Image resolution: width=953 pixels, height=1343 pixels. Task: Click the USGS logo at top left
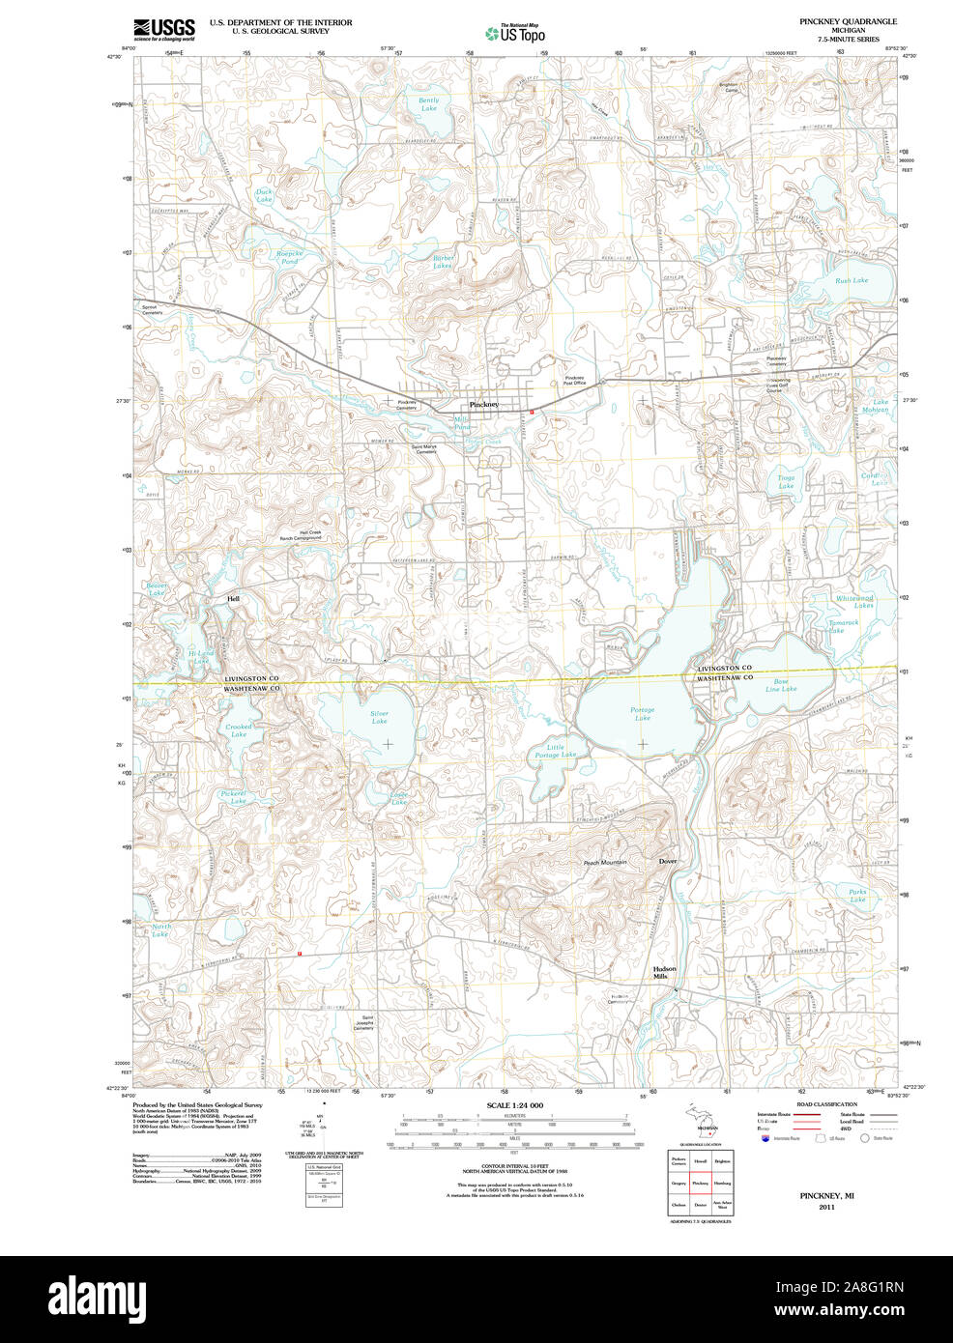pos(164,28)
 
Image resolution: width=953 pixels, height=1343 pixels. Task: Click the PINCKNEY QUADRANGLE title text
pos(847,21)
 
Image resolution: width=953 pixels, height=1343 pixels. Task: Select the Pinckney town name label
pos(483,404)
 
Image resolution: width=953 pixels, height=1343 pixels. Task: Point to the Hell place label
pos(233,599)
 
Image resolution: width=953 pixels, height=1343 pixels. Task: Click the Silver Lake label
pos(379,717)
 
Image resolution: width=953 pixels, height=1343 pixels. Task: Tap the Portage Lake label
pos(642,714)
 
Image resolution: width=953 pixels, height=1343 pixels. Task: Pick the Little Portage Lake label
pos(555,751)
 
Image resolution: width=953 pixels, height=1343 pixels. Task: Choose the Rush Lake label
pos(852,280)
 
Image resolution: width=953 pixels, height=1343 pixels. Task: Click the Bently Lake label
pos(428,103)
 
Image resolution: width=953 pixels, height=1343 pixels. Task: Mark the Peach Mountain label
pos(605,862)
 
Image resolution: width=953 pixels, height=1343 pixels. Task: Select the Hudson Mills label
pos(664,972)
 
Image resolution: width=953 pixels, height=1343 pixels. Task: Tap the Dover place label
pos(668,861)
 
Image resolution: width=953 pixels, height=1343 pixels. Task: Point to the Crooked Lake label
pos(238,730)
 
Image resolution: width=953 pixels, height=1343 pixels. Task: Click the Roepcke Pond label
pos(289,257)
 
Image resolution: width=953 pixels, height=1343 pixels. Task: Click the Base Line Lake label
pos(781,685)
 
